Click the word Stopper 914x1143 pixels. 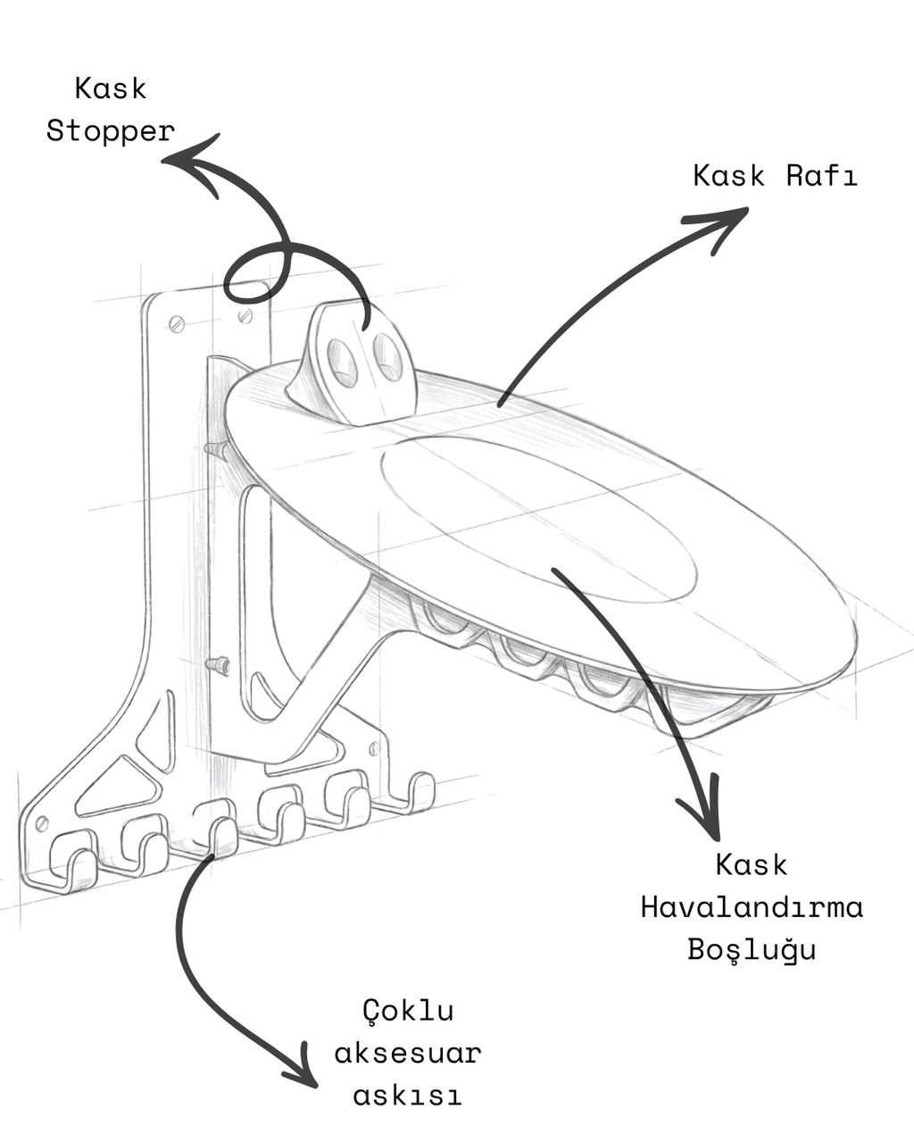[111, 133]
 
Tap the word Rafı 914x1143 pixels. [821, 176]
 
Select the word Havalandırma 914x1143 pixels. [752, 907]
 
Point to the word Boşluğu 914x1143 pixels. [752, 949]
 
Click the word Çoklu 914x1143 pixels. [409, 1011]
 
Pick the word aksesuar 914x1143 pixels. [408, 1053]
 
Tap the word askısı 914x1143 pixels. [407, 1095]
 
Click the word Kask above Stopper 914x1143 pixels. [111, 88]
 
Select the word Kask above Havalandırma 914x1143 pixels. [752, 864]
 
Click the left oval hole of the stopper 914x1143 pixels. [343, 361]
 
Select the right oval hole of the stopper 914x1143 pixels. [387, 356]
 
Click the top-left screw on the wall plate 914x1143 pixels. [177, 324]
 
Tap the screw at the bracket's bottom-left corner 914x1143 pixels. [42, 824]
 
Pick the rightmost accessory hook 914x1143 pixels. [419, 794]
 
